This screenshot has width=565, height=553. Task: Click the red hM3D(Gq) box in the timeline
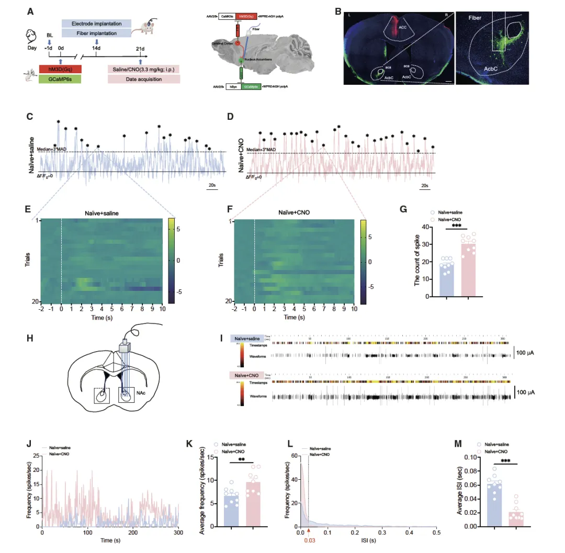60,69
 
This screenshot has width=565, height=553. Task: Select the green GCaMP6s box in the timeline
60,79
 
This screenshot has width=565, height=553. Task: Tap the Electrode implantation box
96,24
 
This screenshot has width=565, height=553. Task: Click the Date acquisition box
143,79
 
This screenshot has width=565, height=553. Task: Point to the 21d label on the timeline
140,48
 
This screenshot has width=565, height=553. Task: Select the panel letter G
403,209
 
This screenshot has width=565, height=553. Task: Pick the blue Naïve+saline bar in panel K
231,511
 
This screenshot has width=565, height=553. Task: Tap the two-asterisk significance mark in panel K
241,460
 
